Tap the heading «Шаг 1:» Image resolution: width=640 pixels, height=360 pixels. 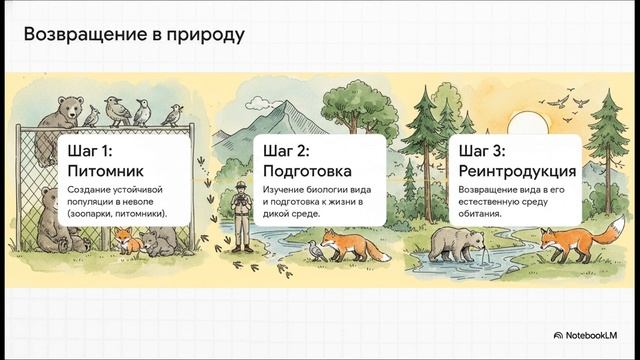click(x=95, y=151)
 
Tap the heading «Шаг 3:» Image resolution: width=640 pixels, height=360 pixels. click(x=483, y=151)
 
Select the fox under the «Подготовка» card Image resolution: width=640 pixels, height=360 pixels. click(x=352, y=246)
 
